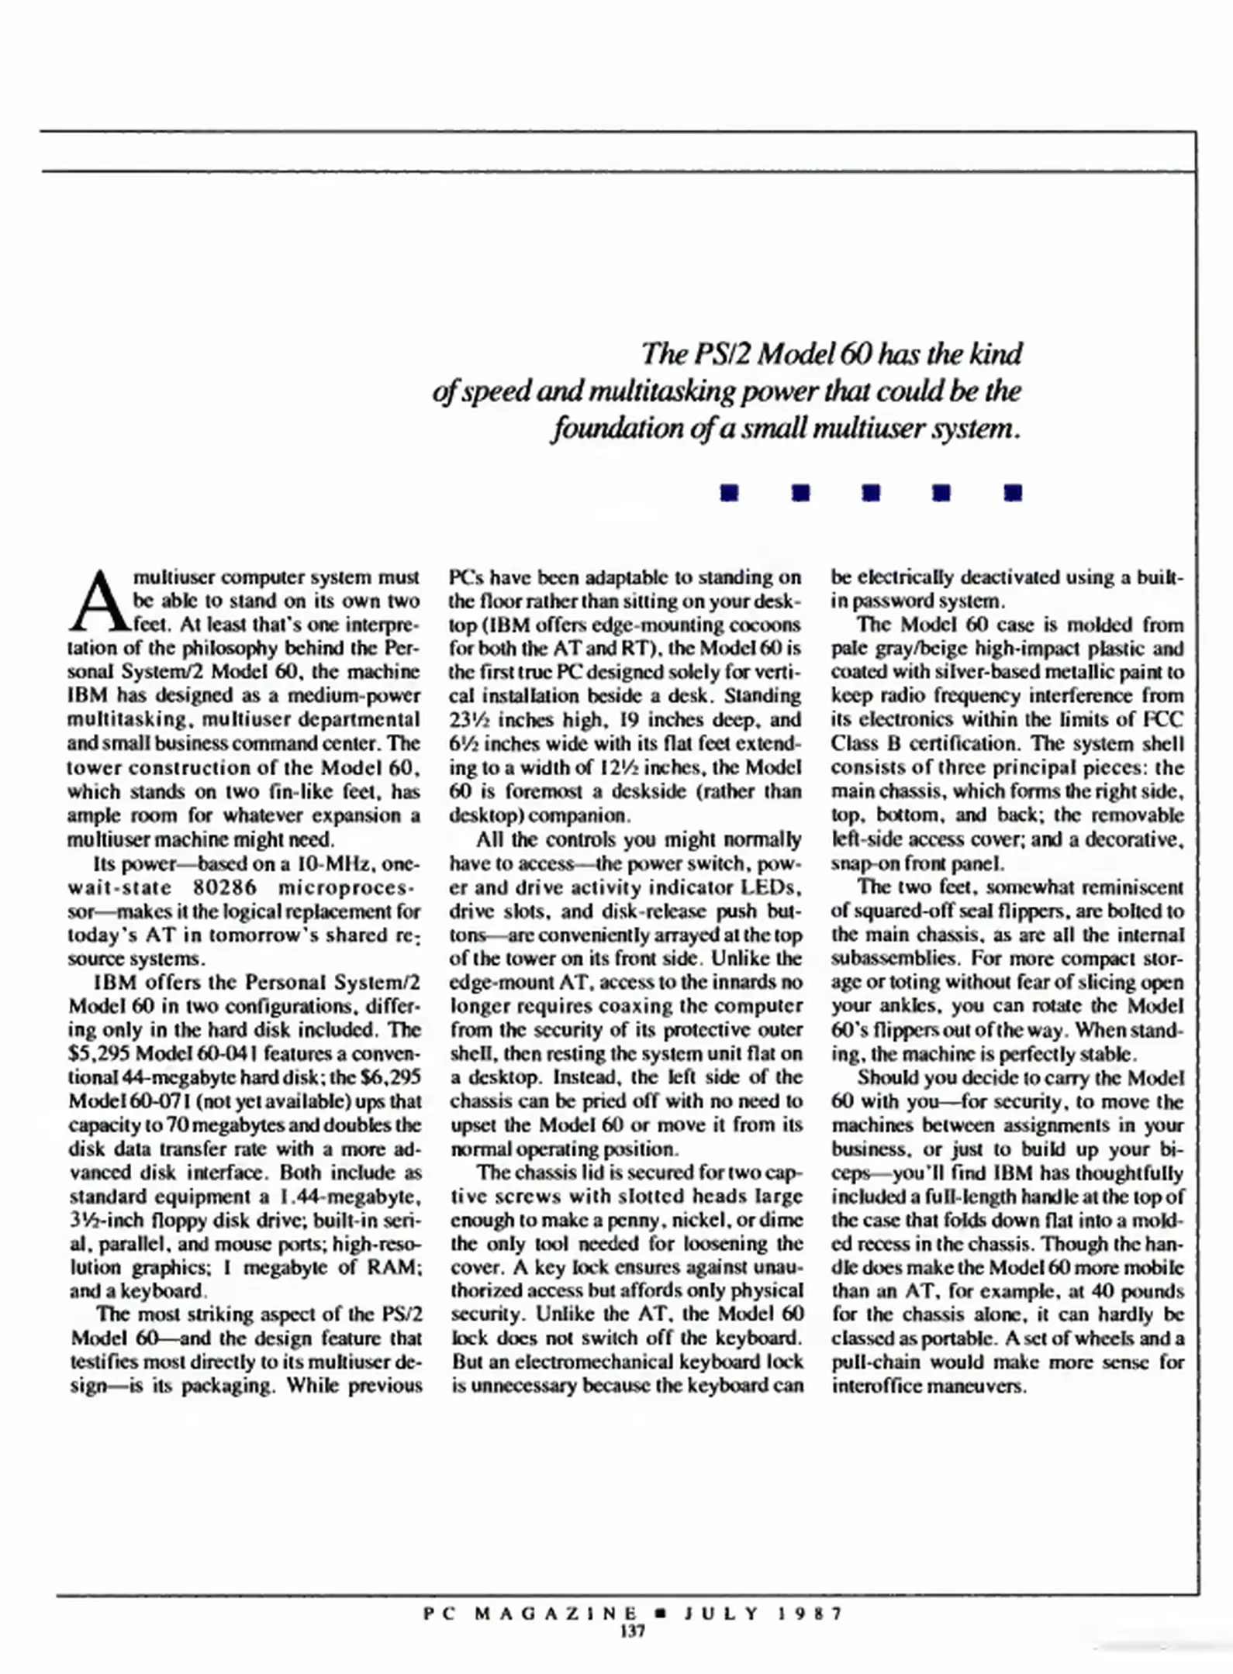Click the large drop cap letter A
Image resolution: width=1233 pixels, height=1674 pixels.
point(98,602)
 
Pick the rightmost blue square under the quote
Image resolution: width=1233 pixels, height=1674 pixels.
point(1013,493)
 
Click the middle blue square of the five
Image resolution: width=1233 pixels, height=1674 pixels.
point(871,493)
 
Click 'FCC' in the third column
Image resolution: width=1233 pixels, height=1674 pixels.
point(1165,720)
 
